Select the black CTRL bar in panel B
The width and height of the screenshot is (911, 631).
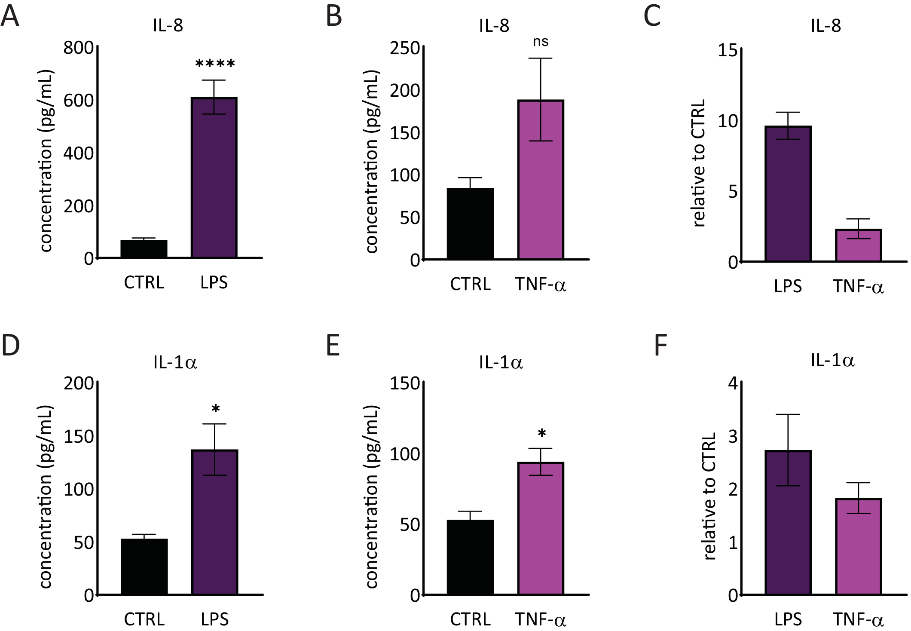pos(470,224)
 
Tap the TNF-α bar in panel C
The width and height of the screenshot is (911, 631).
pos(858,245)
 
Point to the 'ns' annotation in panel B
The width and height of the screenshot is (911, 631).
pos(541,42)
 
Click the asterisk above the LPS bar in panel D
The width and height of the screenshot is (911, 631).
pos(216,409)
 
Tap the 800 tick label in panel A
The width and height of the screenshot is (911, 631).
pos(78,47)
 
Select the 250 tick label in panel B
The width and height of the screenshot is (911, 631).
pos(404,48)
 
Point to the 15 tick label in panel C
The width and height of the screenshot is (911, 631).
pos(727,51)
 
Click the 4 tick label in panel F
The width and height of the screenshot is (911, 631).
pos(733,383)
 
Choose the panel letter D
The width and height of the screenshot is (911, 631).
pos(11,345)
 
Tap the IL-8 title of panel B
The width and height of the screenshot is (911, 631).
pos(494,26)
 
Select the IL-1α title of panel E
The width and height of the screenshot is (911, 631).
pos(501,362)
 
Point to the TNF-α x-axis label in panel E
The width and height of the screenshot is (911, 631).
pos(541,619)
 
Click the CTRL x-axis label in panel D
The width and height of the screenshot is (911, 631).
pos(144,619)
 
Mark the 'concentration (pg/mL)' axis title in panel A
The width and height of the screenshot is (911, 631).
pos(46,161)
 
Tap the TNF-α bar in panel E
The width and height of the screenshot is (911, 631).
pos(541,529)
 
